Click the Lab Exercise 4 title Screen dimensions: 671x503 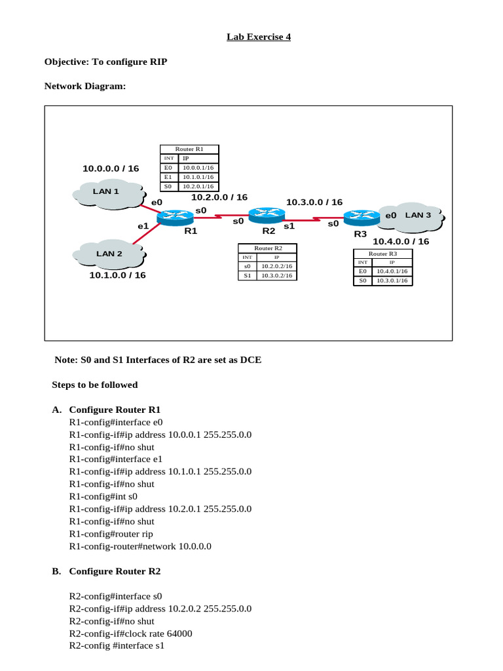[259, 37]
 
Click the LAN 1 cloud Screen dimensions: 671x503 [108, 192]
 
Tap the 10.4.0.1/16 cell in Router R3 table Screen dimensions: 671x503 [392, 271]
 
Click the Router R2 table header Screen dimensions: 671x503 [268, 248]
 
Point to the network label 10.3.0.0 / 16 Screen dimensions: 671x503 [314, 202]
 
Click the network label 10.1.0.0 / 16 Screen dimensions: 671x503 [118, 275]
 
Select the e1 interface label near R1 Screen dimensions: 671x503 [143, 226]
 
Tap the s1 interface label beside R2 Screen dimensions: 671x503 [289, 225]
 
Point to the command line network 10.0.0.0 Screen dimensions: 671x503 [140, 546]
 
